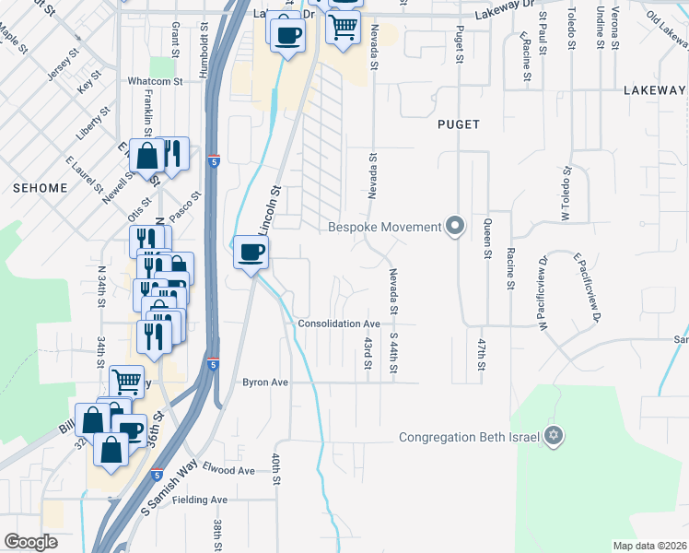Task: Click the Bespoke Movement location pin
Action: (454, 227)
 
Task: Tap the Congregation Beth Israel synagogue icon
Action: (553, 436)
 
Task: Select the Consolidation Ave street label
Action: (338, 324)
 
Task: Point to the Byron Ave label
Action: (265, 382)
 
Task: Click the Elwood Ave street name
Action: (228, 470)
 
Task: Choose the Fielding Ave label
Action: (205, 500)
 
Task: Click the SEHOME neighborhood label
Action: (40, 187)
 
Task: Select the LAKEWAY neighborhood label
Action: (655, 90)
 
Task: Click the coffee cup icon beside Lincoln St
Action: (251, 253)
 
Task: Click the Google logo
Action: (31, 542)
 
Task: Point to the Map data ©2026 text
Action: (648, 546)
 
